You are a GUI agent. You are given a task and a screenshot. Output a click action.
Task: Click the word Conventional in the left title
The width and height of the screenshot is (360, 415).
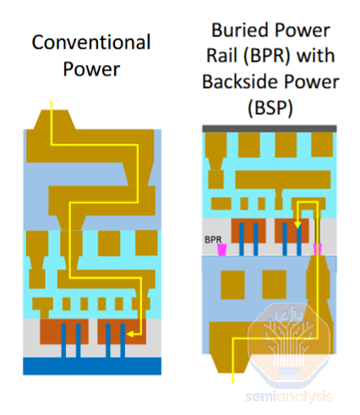coord(91,42)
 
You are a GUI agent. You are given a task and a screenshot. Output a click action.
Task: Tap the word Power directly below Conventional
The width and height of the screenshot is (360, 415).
coord(91,69)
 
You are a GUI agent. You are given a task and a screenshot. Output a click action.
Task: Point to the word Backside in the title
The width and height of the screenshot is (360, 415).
coord(240,82)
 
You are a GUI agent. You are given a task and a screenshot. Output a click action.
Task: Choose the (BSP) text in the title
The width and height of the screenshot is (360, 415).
coord(270,108)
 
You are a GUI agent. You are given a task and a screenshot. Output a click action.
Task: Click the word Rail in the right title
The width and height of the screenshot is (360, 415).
coord(221,56)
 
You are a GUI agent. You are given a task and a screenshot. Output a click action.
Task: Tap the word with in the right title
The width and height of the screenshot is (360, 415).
coord(316,56)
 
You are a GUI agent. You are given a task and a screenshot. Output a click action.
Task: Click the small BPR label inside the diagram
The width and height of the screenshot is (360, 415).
coord(213,240)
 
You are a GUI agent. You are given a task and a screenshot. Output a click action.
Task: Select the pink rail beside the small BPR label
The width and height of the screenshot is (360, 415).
coord(222,250)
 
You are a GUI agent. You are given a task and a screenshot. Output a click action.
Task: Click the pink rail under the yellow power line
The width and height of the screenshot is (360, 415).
coord(318,249)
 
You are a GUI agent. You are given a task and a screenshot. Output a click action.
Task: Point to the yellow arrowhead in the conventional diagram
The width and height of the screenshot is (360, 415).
coord(130,335)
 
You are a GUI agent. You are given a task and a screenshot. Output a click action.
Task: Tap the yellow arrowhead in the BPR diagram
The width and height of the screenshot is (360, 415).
coord(297,225)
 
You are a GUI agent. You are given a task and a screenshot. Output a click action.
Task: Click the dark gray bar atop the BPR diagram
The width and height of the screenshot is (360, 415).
coord(270,128)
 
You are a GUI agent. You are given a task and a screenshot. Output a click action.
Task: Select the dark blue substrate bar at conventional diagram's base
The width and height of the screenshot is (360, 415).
coord(92,366)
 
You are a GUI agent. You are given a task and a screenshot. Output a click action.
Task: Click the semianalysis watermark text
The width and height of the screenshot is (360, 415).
coord(289,396)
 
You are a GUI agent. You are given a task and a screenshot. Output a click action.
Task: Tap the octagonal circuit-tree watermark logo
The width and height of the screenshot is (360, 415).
coord(289,342)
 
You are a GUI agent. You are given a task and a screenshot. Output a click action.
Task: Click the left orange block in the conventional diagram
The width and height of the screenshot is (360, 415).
coord(64,331)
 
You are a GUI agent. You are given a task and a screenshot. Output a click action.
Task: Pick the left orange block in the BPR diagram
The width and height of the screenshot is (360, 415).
coord(248,231)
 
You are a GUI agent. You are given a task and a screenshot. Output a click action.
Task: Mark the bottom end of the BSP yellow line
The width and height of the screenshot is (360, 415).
coord(233,383)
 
